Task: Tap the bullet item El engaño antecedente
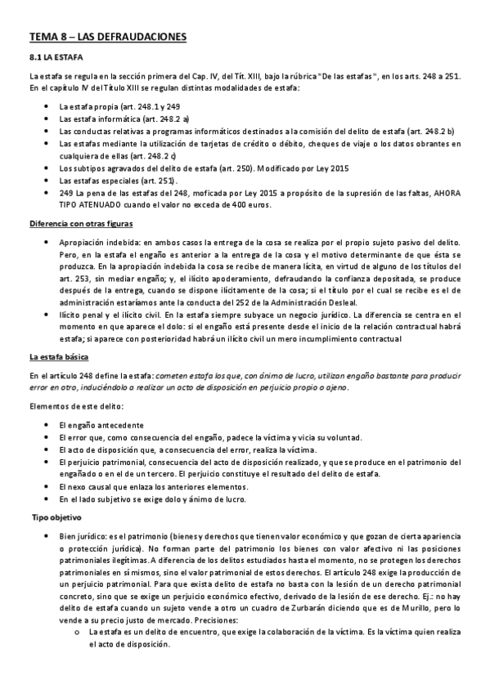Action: (102, 426)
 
